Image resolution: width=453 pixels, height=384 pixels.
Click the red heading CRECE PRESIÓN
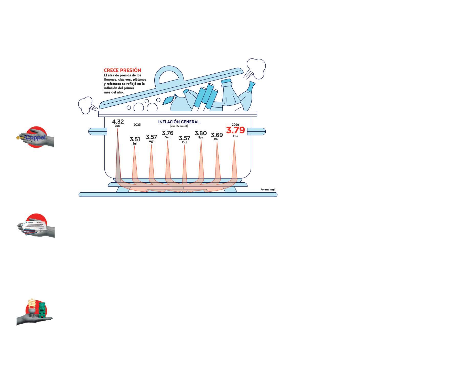click(x=122, y=70)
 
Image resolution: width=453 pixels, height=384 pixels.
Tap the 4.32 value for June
click(x=118, y=121)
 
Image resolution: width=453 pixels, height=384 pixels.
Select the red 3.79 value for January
click(x=235, y=130)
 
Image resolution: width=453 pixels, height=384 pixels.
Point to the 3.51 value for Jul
click(x=135, y=139)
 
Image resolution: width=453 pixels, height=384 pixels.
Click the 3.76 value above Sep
click(x=168, y=133)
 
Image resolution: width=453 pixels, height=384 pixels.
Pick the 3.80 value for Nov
click(x=201, y=133)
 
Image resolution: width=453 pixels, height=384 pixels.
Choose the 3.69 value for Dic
click(x=217, y=135)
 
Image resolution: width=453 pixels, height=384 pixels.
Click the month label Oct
click(x=184, y=142)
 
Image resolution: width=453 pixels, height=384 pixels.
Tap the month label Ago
click(x=152, y=141)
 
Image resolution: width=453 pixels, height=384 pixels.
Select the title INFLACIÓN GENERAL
click(x=179, y=122)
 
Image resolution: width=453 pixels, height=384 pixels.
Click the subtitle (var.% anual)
click(x=179, y=126)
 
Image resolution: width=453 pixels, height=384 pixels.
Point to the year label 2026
click(x=235, y=125)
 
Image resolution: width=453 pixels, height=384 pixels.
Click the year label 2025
click(x=137, y=125)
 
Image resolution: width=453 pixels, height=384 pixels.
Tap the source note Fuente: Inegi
click(x=268, y=190)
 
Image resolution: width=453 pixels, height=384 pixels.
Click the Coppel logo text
click(x=35, y=137)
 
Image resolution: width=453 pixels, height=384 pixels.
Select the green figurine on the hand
click(x=42, y=310)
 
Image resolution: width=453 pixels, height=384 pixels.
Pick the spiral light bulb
click(x=32, y=307)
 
